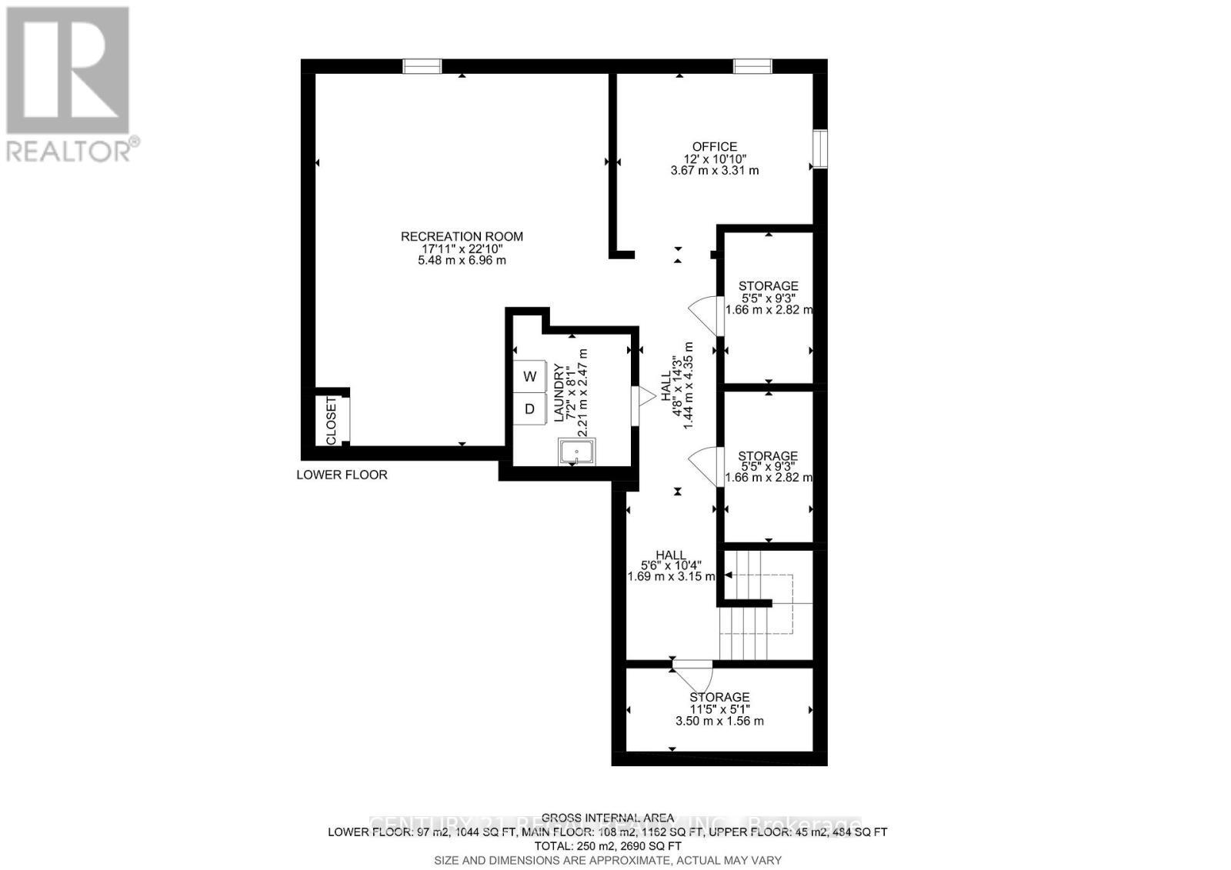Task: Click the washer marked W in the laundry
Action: pos(529,376)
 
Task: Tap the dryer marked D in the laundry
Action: pos(529,408)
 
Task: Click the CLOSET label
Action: pos(332,420)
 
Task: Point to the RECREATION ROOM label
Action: pos(462,236)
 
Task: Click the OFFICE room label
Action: pos(714,146)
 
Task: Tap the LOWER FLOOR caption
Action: pos(342,475)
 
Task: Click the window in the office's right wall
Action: pos(820,149)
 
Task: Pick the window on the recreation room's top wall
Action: pos(422,67)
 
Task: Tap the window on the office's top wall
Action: pos(752,67)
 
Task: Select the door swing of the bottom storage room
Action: pos(694,675)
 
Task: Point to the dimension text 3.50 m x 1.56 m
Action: pos(719,721)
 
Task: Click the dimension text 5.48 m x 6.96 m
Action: pos(462,261)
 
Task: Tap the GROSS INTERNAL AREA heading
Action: pos(607,818)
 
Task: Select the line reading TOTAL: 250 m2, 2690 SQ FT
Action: pos(607,845)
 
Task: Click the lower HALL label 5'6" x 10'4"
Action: pos(671,555)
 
